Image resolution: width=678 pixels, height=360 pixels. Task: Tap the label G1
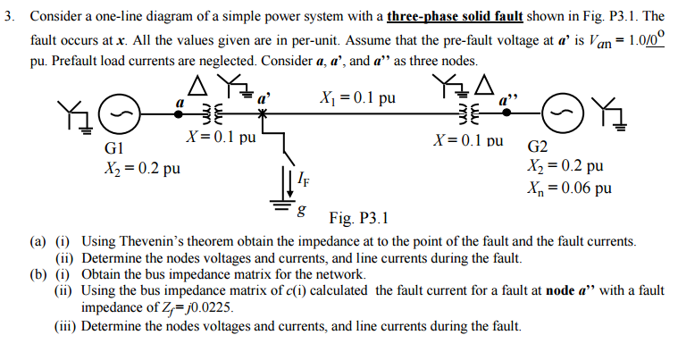pos(118,147)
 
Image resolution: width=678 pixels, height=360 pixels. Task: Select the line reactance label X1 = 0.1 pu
pos(356,97)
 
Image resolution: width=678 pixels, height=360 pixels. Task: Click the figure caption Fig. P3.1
pos(358,218)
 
